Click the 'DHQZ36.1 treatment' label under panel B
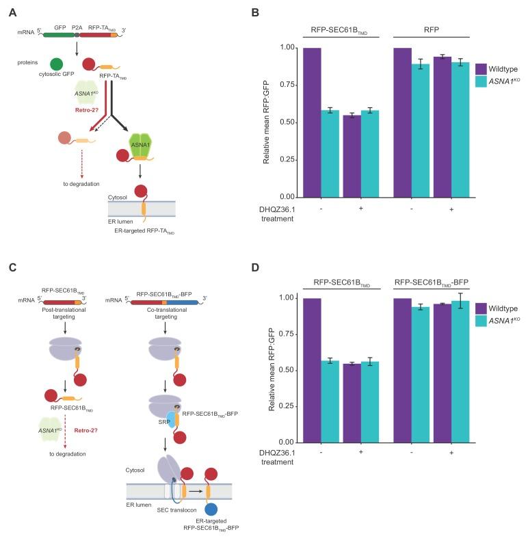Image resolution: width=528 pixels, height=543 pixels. click(x=276, y=215)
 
